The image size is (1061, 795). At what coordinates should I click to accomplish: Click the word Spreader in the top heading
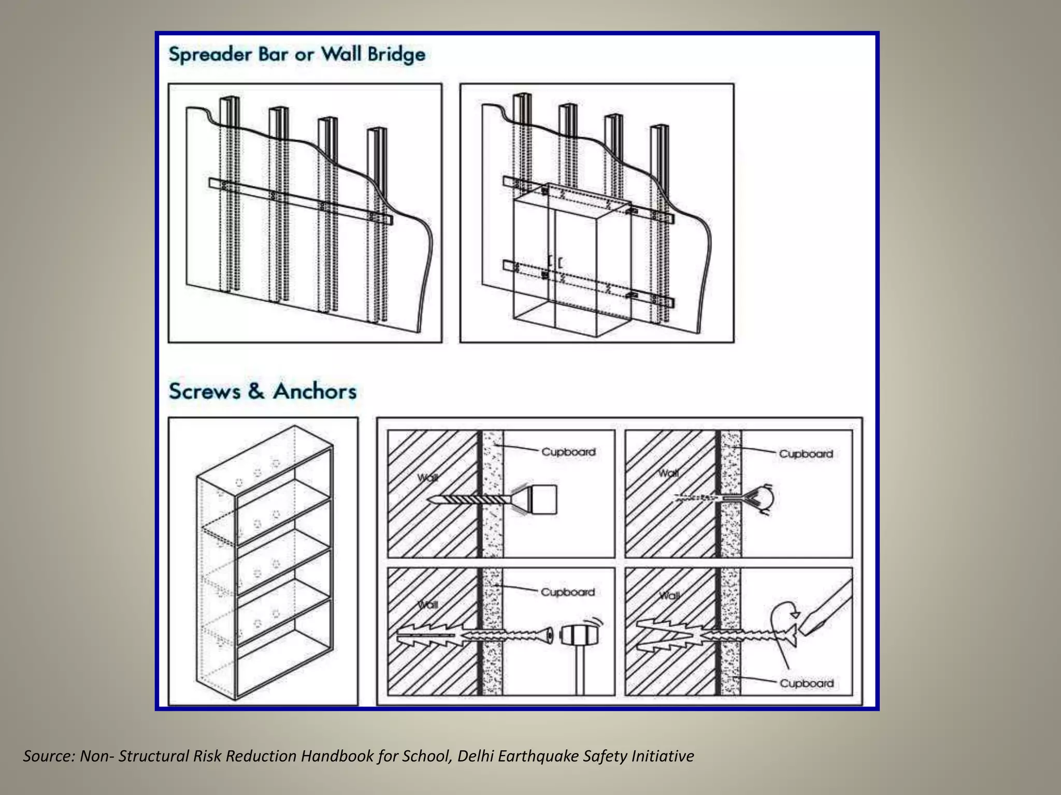click(210, 54)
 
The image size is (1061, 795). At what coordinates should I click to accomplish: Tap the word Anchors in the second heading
click(315, 391)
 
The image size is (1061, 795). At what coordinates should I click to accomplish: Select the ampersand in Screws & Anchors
click(256, 391)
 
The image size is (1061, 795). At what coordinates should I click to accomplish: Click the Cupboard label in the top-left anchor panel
click(568, 452)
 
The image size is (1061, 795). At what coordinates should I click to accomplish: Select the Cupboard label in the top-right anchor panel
click(806, 454)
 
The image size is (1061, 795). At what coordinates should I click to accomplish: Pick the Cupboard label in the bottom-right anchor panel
click(807, 683)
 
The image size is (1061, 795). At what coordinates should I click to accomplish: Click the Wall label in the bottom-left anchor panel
click(428, 605)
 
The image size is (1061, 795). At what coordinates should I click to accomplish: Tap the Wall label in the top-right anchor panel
click(668, 473)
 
